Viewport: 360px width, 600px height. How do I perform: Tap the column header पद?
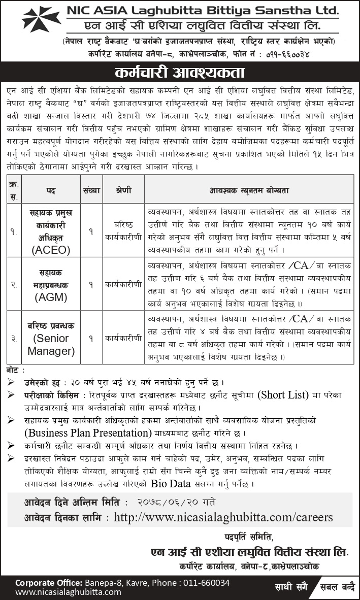point(51,190)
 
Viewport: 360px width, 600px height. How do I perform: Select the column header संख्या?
point(91,190)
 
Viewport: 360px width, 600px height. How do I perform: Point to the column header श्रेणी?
point(123,190)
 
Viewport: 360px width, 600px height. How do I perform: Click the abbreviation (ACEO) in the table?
point(51,249)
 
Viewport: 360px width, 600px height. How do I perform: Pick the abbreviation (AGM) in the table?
point(51,297)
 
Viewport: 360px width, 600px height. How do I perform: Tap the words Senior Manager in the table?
point(51,345)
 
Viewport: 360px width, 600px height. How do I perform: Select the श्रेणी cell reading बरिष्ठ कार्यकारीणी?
point(123,231)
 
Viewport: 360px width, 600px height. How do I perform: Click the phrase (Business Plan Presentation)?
point(88,433)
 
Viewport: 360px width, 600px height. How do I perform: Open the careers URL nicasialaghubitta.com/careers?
point(223,517)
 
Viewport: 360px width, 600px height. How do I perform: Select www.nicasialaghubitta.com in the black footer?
point(68,592)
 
